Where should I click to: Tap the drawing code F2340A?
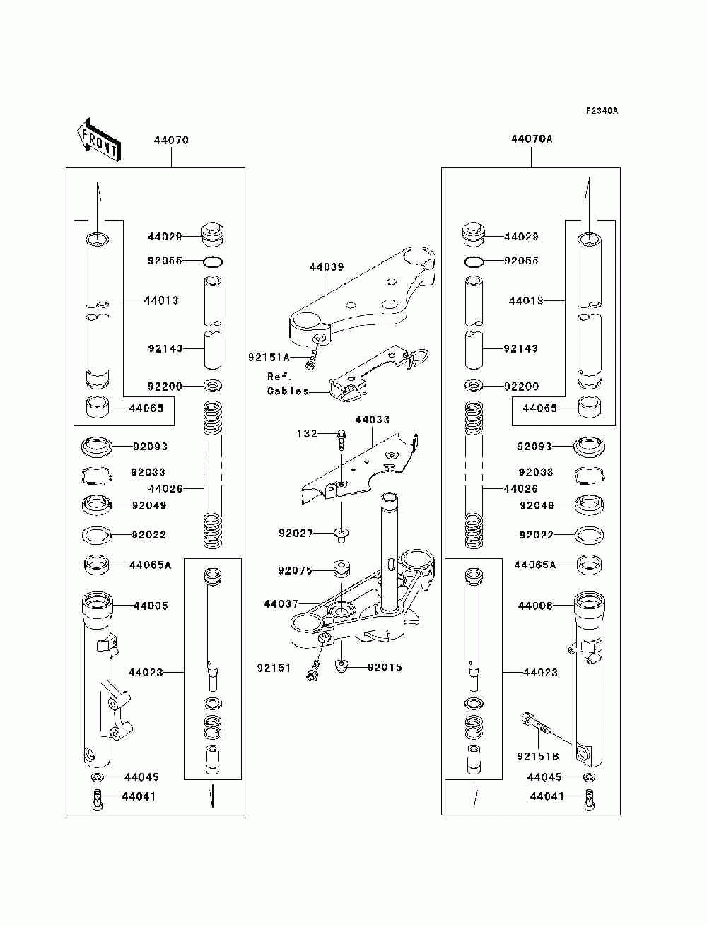(602, 111)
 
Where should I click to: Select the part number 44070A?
(532, 139)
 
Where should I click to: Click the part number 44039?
(327, 267)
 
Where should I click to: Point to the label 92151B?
(537, 756)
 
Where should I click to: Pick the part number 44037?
(281, 604)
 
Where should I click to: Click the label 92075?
(295, 570)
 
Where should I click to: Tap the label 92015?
(385, 667)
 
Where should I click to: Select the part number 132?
(306, 434)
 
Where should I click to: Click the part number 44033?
(372, 420)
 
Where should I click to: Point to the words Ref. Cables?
(286, 384)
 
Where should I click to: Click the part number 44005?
(151, 606)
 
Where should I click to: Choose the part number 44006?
(535, 606)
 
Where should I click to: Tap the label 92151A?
(269, 358)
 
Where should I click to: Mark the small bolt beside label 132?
(341, 440)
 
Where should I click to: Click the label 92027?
(296, 534)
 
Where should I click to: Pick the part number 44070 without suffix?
(171, 140)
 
